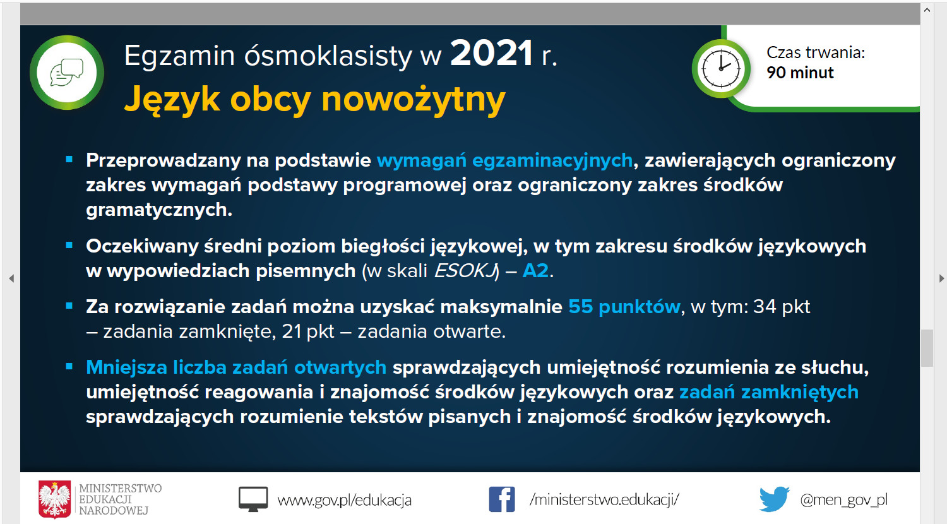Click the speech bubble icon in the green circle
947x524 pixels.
[67, 73]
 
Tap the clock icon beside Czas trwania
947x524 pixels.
[721, 69]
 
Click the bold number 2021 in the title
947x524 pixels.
[491, 54]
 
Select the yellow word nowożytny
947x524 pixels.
[413, 100]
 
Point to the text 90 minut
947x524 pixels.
[800, 73]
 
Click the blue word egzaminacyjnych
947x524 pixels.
[552, 161]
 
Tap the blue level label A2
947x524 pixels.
[535, 271]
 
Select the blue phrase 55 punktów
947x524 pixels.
[624, 307]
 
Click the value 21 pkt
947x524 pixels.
[308, 331]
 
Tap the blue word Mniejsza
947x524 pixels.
[126, 367]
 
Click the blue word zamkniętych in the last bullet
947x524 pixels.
[800, 393]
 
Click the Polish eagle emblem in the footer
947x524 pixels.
[54, 499]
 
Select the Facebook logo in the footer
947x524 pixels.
[502, 499]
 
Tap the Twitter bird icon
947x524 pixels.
[774, 499]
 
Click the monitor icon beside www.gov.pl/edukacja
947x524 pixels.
[253, 499]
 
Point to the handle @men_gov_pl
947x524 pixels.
[844, 500]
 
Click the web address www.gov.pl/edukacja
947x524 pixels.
[344, 500]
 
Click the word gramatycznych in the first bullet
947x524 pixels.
[159, 210]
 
